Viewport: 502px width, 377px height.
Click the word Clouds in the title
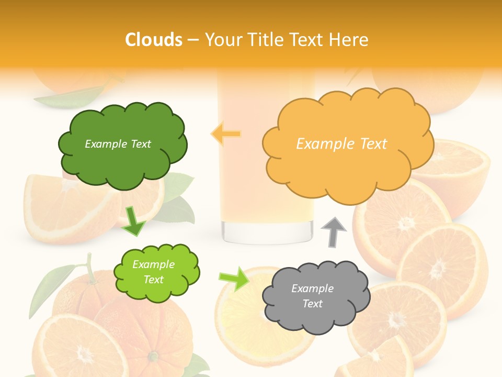tap(154, 40)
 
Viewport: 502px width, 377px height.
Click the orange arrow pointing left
tap(226, 134)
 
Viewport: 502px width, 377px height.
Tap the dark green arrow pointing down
tap(134, 220)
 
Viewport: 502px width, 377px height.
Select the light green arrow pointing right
tap(234, 278)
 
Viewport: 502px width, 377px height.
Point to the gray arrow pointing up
tap(334, 231)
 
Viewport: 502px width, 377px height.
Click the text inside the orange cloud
tap(341, 144)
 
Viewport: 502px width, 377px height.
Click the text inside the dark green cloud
tap(118, 144)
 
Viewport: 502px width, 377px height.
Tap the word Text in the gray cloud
tap(313, 304)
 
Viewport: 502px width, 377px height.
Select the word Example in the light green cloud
tap(153, 264)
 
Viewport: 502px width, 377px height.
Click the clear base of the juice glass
tap(267, 231)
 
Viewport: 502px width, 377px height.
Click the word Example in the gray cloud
tap(312, 289)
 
